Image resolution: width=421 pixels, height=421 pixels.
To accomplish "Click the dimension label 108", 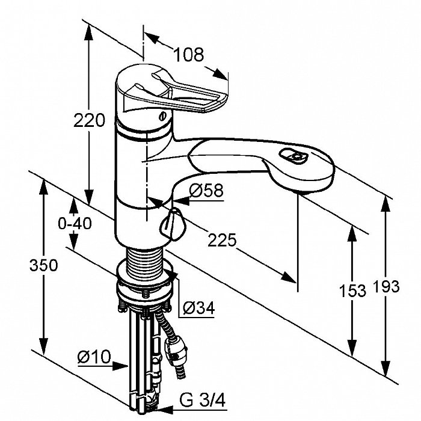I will point(189,54).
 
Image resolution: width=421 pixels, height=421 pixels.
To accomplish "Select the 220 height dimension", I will point(89,121).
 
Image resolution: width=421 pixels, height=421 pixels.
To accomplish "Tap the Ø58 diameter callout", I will point(206,191).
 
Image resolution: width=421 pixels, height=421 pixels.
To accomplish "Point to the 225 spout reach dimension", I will point(222,240).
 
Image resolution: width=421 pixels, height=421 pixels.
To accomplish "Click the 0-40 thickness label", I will point(74,223).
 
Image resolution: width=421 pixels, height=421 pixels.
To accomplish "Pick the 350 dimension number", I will point(45,265).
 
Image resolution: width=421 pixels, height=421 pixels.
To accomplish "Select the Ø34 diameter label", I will point(197,308).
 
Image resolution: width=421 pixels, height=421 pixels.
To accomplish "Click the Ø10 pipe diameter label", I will point(94,357).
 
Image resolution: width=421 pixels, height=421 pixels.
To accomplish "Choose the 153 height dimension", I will point(352,290).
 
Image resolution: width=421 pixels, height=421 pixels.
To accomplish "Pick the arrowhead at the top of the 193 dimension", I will point(385,202).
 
